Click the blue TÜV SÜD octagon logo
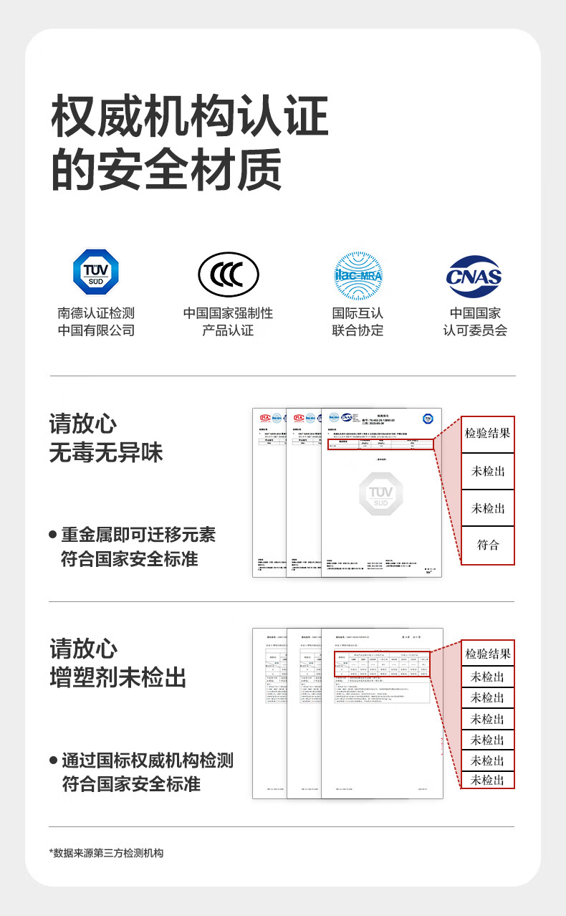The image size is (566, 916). pyautogui.click(x=96, y=272)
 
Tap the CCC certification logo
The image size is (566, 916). pyautogui.click(x=229, y=275)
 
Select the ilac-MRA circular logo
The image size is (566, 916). pyautogui.click(x=358, y=275)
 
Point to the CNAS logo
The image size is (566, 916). pyautogui.click(x=474, y=276)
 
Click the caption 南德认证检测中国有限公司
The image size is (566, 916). pyautogui.click(x=96, y=322)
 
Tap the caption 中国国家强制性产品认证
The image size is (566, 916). pyautogui.click(x=228, y=322)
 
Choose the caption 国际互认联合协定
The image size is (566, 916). pyautogui.click(x=358, y=322)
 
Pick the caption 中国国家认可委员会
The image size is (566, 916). pyautogui.click(x=474, y=322)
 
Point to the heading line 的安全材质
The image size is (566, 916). pyautogui.click(x=166, y=169)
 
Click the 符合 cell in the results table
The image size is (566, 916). pyautogui.click(x=488, y=545)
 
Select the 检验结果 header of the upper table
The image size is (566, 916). pyautogui.click(x=488, y=434)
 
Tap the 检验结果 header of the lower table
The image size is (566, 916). pyautogui.click(x=488, y=654)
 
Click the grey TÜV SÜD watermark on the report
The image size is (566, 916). pyautogui.click(x=380, y=493)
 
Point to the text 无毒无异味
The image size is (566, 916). pyautogui.click(x=106, y=452)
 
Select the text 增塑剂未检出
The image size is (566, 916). pyautogui.click(x=118, y=677)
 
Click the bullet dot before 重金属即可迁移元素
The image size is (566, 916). pyautogui.click(x=53, y=535)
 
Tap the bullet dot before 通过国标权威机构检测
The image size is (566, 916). pyautogui.click(x=53, y=760)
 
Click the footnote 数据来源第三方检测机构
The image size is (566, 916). pyautogui.click(x=107, y=853)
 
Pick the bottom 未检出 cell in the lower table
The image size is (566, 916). pyautogui.click(x=488, y=781)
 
